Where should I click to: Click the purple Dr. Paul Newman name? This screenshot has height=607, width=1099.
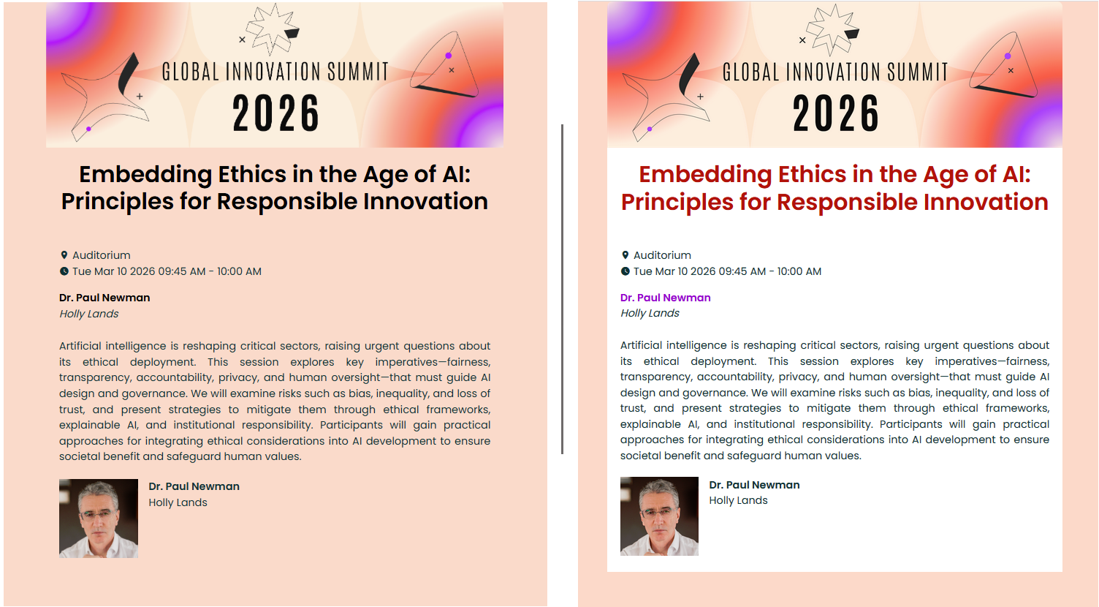[x=665, y=298]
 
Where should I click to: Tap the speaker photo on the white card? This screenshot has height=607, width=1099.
[x=659, y=516]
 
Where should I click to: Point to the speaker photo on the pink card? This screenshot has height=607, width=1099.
[x=99, y=519]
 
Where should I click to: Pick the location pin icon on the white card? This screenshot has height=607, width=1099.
[x=625, y=255]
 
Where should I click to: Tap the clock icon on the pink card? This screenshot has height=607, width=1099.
[x=64, y=271]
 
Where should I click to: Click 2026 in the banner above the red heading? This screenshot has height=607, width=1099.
[x=836, y=114]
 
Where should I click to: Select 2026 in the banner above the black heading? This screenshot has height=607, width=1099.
[x=275, y=114]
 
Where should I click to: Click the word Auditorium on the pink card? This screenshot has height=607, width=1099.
[x=102, y=255]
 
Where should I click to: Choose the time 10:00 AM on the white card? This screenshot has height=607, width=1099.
[x=799, y=271]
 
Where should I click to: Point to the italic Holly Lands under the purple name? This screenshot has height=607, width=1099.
[x=650, y=313]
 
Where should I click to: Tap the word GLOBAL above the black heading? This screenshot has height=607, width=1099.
[x=191, y=72]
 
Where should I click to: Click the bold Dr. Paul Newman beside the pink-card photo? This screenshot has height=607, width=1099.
[x=194, y=486]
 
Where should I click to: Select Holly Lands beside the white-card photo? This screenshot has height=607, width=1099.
[x=738, y=500]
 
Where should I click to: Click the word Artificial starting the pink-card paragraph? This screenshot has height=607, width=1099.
[x=80, y=346]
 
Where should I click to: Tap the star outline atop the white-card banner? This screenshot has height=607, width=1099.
[x=832, y=29]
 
